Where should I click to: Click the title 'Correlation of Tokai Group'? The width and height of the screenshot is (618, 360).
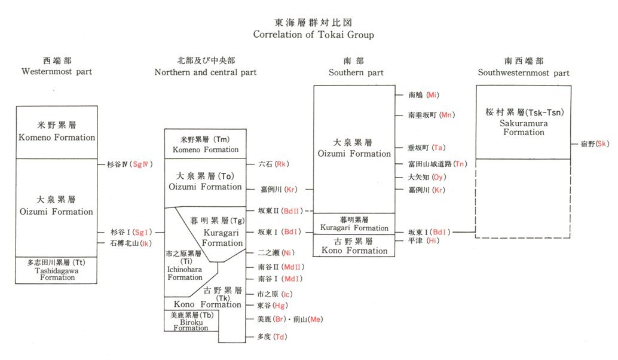(313, 35)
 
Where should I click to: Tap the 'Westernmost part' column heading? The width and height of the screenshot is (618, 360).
(57, 72)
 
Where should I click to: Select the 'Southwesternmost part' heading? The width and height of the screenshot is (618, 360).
(524, 73)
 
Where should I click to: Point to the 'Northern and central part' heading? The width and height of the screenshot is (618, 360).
(206, 72)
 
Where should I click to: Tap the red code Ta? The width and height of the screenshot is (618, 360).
(440, 148)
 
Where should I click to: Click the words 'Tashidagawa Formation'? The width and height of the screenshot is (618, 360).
(57, 274)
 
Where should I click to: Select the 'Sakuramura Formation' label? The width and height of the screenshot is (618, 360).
(524, 128)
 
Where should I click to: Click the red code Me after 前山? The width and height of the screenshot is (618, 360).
(316, 319)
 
